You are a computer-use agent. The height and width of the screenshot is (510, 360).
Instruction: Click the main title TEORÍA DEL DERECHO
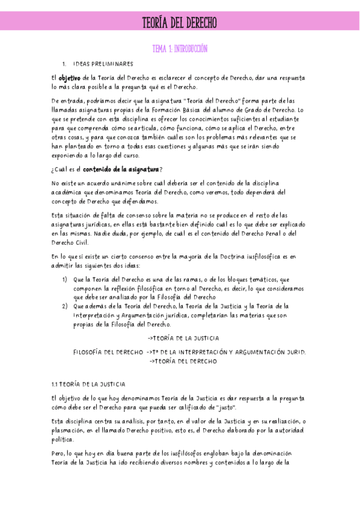pos(179,23)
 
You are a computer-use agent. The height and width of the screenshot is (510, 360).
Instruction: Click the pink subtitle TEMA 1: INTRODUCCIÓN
pos(179,49)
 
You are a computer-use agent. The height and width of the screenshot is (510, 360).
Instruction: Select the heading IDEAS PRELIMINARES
pos(103,64)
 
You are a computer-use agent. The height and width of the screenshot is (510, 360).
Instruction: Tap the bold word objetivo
pos(70,78)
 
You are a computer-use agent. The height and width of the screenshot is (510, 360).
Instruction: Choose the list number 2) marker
pos(65,306)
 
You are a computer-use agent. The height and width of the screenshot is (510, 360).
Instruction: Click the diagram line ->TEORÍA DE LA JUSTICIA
pos(183,339)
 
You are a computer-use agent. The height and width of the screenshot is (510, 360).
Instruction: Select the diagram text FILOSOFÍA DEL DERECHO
pos(108,352)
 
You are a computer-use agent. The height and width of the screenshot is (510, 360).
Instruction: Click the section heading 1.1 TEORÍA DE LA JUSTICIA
pos(88,384)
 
